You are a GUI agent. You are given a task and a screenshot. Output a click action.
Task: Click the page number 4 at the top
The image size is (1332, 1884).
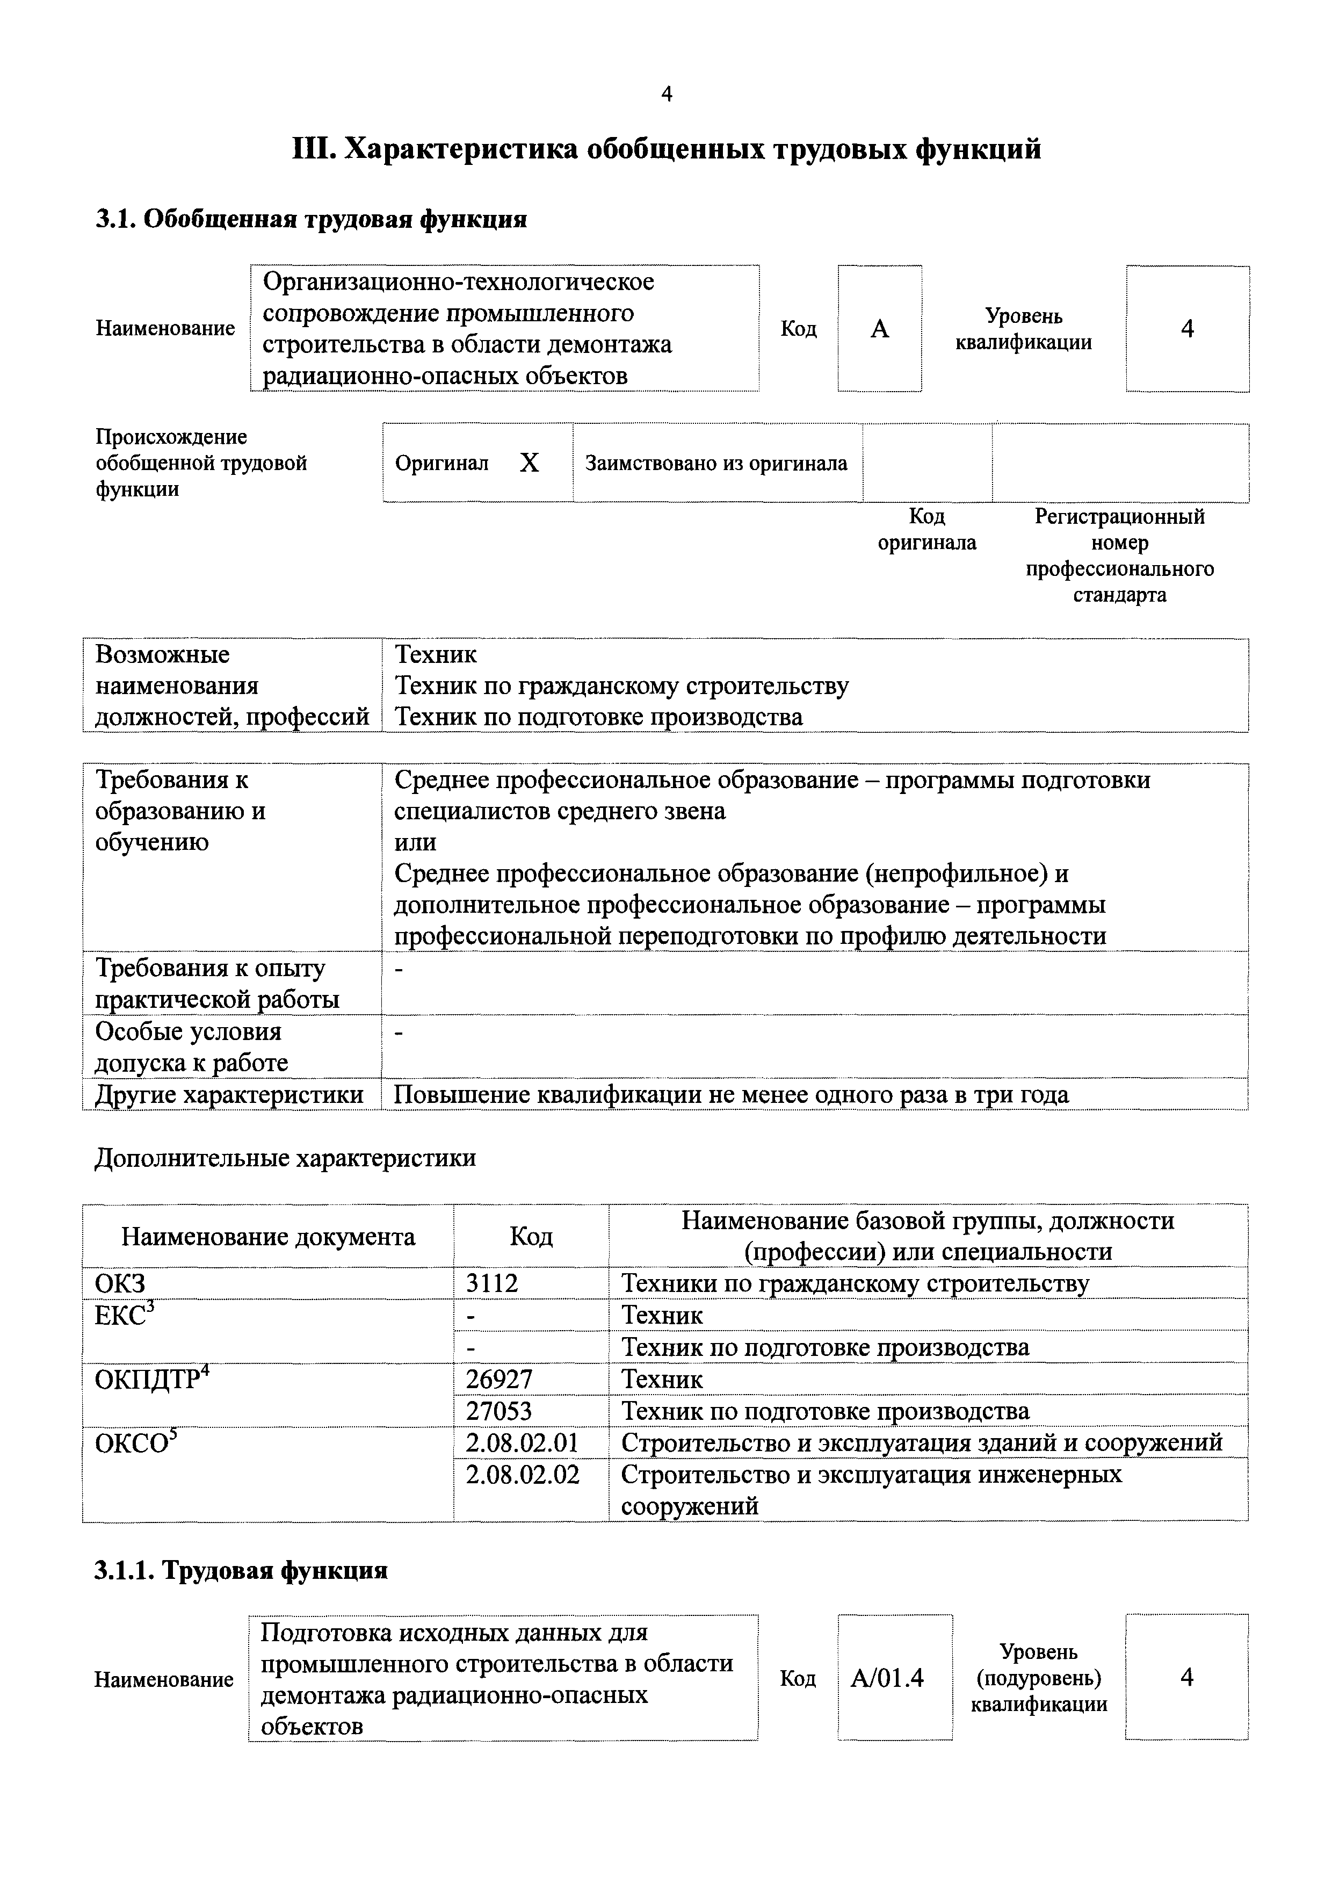(x=666, y=95)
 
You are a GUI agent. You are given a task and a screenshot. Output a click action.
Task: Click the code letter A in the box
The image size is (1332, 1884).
(x=879, y=329)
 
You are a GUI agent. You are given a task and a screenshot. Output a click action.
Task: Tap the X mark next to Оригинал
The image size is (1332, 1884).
(x=529, y=464)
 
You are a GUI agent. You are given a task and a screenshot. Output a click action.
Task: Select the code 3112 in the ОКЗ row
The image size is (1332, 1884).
(x=492, y=1283)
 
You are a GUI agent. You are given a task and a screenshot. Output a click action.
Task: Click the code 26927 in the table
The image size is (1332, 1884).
(x=498, y=1380)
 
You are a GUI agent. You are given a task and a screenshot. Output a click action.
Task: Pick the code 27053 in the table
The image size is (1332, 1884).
(x=498, y=1411)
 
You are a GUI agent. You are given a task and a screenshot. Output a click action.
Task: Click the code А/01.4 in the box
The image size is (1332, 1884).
(x=887, y=1678)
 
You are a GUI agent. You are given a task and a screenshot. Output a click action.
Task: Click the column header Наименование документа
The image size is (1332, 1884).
(x=268, y=1237)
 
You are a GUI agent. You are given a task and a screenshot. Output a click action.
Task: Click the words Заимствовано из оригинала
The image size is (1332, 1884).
(x=716, y=464)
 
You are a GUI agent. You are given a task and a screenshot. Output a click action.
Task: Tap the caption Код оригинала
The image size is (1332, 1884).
(x=927, y=529)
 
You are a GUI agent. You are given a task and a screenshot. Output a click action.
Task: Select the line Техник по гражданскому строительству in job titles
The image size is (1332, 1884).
(x=622, y=686)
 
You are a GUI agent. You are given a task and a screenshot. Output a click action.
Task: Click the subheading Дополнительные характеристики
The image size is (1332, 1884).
(x=285, y=1158)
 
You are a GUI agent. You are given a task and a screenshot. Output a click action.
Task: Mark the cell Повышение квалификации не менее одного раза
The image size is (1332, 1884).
(x=732, y=1095)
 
